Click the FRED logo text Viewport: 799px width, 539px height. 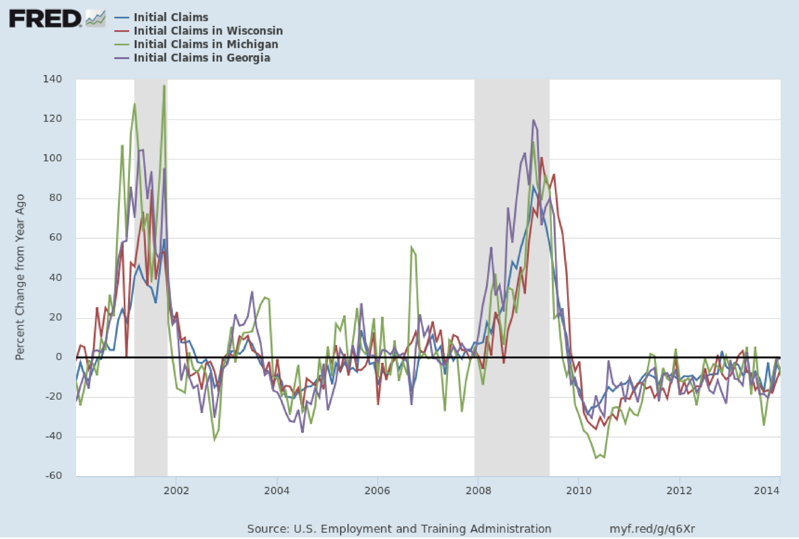[45, 19]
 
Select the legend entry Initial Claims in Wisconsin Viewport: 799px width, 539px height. [208, 31]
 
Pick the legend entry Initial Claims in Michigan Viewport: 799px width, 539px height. [206, 44]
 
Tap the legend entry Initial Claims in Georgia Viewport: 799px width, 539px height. [202, 58]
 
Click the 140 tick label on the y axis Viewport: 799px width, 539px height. [52, 79]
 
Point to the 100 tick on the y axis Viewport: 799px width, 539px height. [52, 159]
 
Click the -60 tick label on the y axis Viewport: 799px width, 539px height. [54, 476]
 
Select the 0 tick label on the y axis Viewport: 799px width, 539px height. [59, 357]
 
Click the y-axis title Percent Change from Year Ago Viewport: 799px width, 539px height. [20, 277]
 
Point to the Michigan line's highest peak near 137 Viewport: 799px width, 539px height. [164, 86]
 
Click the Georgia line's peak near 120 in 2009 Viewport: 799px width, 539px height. [533, 120]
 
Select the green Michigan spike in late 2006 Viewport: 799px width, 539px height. [411, 247]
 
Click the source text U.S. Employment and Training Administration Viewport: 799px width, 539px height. [399, 529]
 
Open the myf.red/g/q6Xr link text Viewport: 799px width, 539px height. [652, 529]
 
